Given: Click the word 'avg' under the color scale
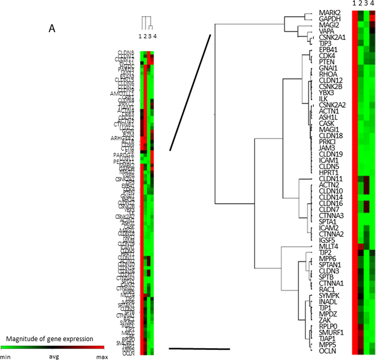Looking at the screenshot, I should pyautogui.click(x=54, y=357).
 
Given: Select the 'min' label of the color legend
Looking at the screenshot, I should pyautogui.click(x=6, y=357).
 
